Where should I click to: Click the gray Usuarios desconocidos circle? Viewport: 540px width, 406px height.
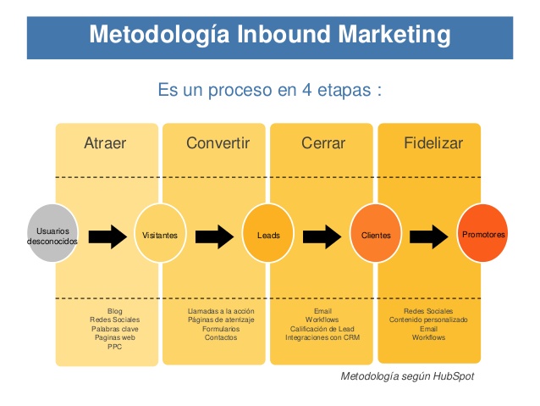point(52,233)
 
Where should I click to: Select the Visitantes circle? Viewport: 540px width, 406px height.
point(160,233)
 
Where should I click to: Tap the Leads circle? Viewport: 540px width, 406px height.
point(268,233)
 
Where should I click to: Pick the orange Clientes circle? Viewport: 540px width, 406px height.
point(376,233)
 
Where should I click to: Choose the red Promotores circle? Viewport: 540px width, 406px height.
point(482,233)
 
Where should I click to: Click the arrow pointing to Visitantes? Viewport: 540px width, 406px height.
point(107,236)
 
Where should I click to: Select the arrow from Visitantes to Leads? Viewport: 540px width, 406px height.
point(214,236)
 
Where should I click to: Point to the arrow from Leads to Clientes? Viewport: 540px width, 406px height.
point(322,236)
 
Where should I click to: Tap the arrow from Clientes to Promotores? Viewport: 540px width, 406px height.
point(429,236)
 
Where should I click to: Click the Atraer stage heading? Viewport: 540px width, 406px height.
point(105,142)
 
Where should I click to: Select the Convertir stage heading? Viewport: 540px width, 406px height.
point(218,142)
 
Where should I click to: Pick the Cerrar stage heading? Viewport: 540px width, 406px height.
point(323,142)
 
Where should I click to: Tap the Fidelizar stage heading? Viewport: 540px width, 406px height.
point(433,142)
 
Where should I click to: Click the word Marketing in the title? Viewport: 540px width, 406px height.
point(394,35)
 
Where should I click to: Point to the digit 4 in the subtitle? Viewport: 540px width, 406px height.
point(307,90)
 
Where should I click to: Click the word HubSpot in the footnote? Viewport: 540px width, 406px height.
point(454,376)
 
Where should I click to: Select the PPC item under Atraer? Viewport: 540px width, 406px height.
point(114,347)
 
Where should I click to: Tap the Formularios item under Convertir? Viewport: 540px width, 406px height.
point(221,329)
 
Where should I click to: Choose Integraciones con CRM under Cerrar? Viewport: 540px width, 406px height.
point(322,337)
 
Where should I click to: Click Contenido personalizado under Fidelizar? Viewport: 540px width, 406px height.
point(428,320)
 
